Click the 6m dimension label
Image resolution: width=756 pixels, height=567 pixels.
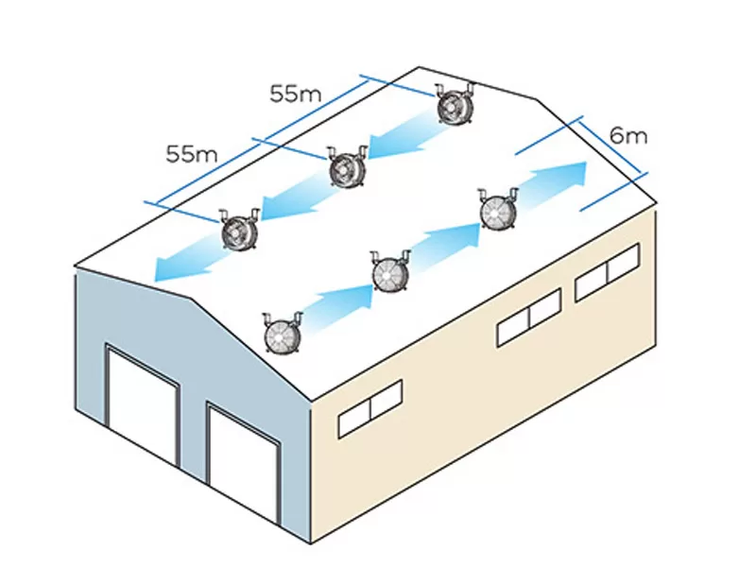tap(628, 135)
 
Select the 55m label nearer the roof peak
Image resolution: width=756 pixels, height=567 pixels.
tap(296, 94)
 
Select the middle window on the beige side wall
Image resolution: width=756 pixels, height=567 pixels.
tap(529, 317)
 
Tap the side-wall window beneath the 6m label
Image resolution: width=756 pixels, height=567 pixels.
tap(608, 271)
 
